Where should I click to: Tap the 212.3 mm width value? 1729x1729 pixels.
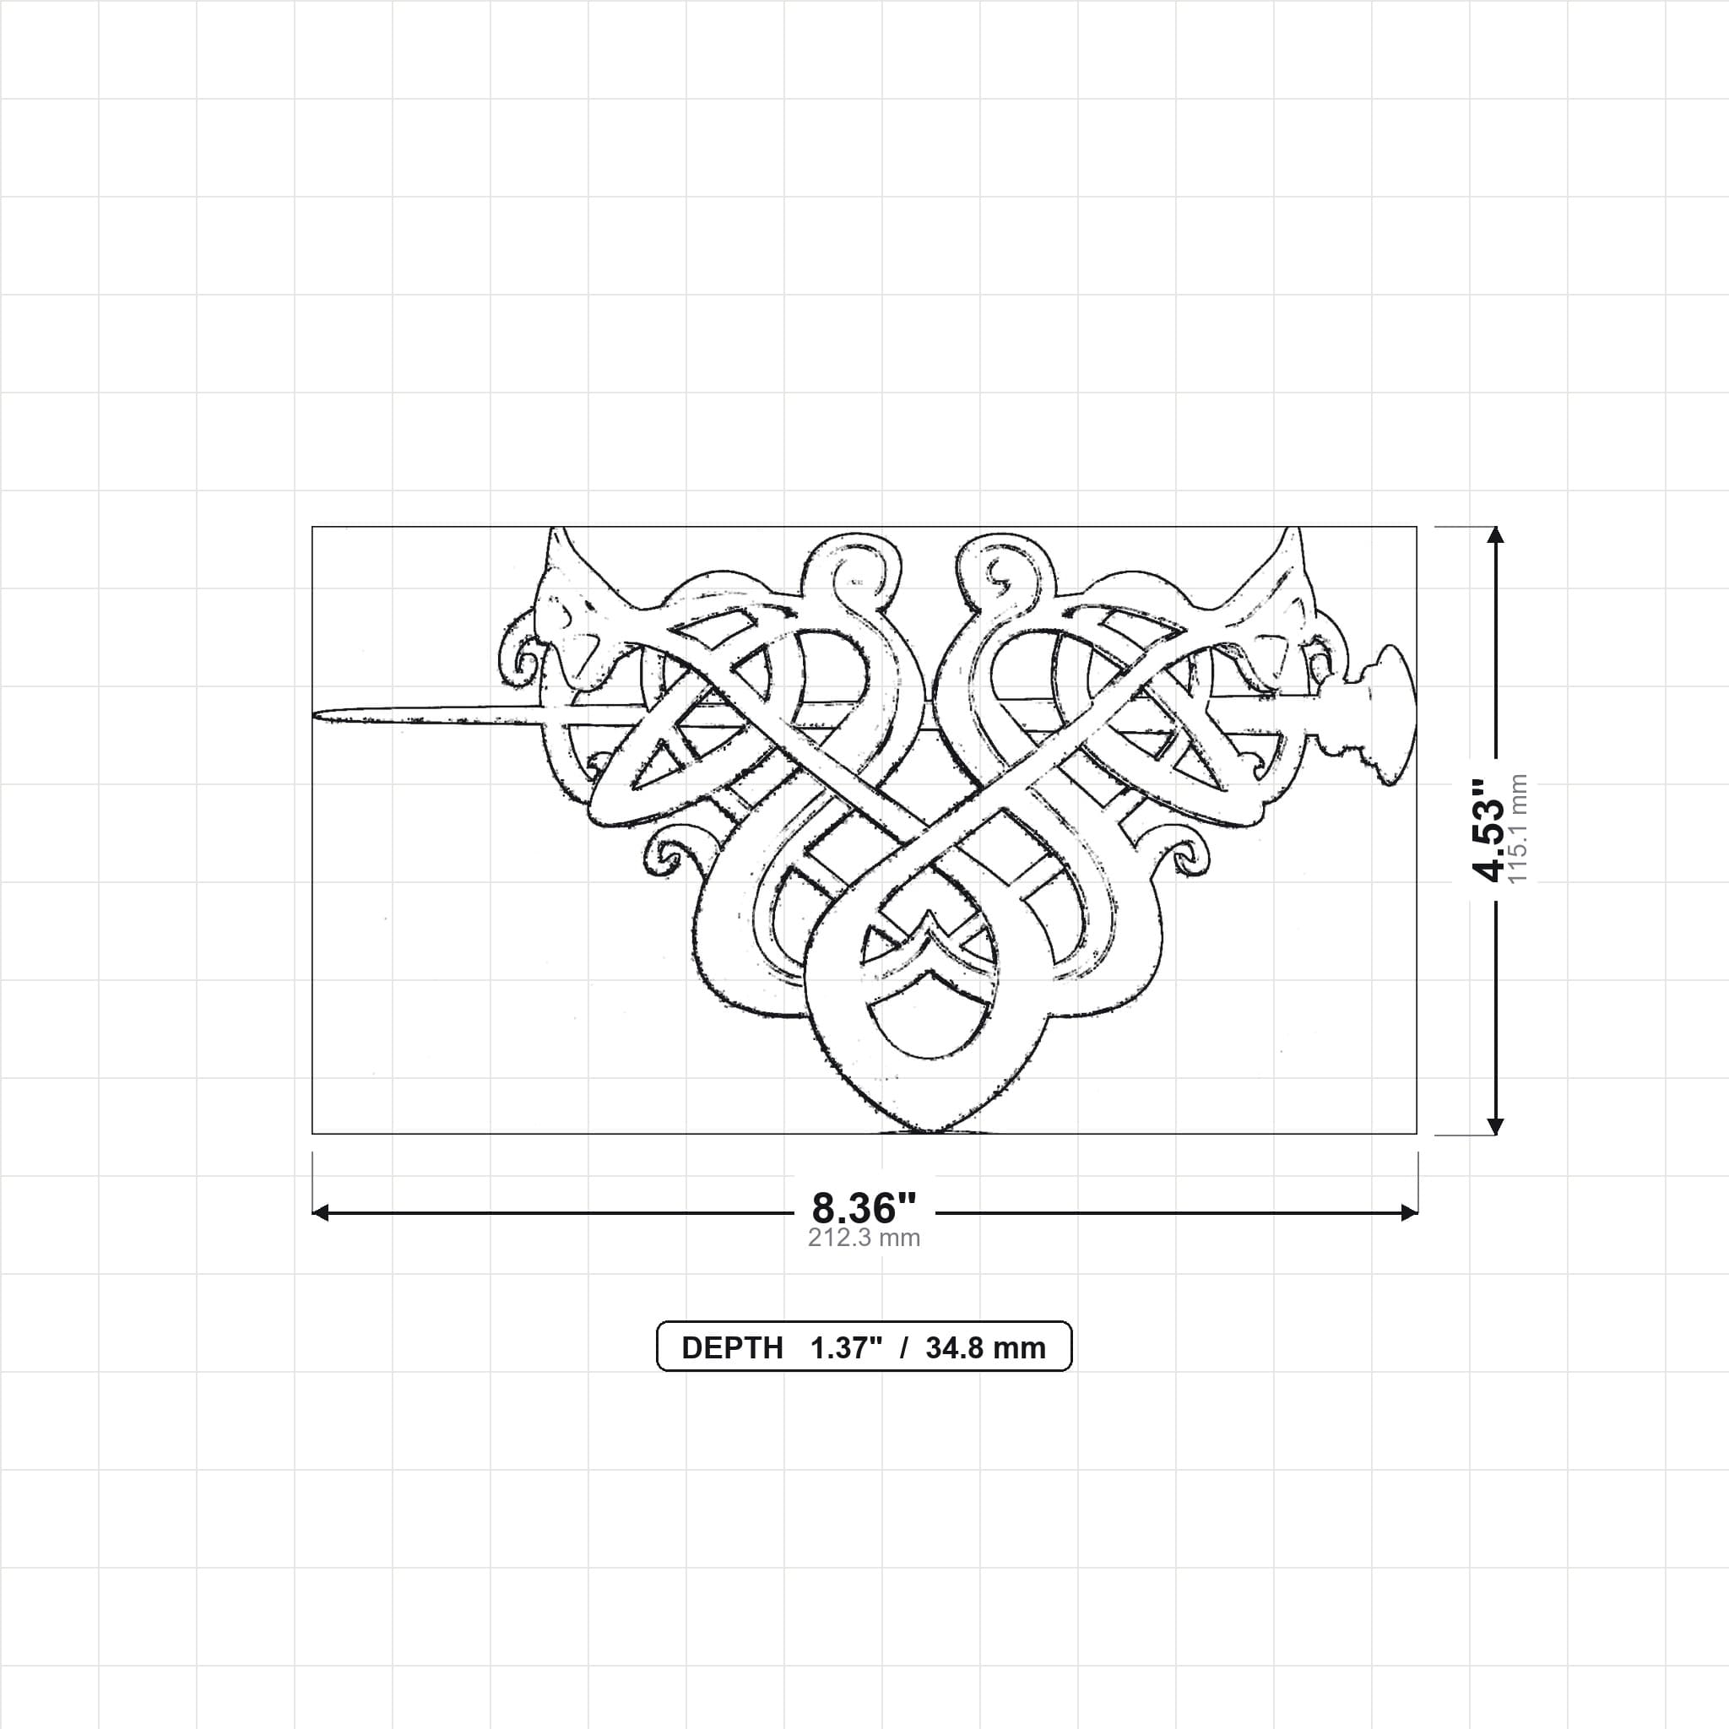pyautogui.click(x=864, y=1238)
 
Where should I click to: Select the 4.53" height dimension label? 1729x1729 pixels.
pyautogui.click(x=1491, y=830)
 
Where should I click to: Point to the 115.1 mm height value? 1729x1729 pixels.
pyautogui.click(x=1518, y=830)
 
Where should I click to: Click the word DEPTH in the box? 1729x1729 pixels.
pyautogui.click(x=732, y=1347)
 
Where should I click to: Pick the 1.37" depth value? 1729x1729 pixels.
pyautogui.click(x=847, y=1347)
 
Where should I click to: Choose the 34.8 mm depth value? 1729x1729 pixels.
pyautogui.click(x=985, y=1347)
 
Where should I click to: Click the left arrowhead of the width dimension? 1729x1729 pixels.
pyautogui.click(x=319, y=1212)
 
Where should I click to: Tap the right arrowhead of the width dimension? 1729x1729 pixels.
pyautogui.click(x=1410, y=1212)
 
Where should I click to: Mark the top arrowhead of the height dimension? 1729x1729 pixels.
pyautogui.click(x=1494, y=534)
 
